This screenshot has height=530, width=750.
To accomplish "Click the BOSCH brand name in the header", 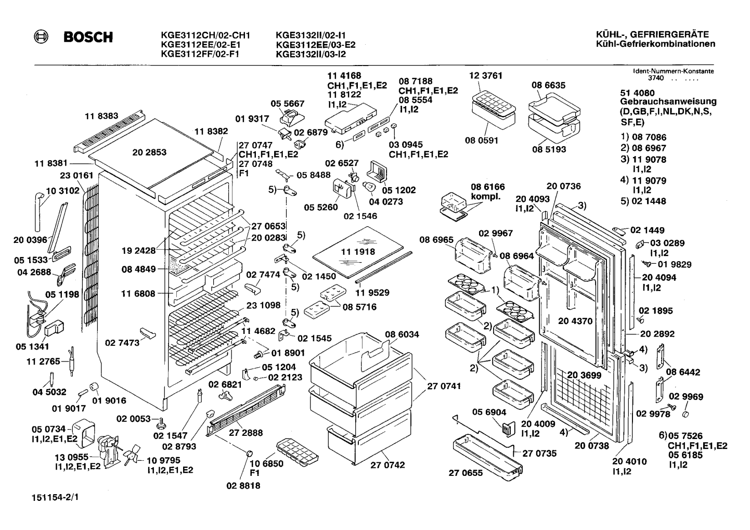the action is (88, 37).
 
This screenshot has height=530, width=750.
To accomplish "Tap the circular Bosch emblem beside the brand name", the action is (41, 37).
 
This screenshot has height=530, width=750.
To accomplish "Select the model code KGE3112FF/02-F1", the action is (200, 54).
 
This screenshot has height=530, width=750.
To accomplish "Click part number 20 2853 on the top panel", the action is (149, 152).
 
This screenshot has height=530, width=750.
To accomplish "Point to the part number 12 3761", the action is (485, 75).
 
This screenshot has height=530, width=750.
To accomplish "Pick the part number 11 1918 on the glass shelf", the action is (358, 252).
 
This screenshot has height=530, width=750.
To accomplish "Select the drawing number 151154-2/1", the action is (55, 498).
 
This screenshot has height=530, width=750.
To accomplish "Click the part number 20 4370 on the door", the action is (575, 321).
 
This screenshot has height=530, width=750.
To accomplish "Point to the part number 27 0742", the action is (387, 465).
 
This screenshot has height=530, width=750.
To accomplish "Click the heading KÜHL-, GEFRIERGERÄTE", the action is (653, 34).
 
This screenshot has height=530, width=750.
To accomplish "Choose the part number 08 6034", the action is (402, 334).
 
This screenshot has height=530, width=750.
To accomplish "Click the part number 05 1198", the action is (62, 294).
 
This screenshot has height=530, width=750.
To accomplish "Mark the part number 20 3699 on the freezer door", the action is (584, 376).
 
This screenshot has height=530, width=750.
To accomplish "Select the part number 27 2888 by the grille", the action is (246, 433).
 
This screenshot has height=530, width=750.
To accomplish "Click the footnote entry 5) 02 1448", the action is (643, 201).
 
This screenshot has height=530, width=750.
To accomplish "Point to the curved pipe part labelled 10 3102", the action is (38, 211).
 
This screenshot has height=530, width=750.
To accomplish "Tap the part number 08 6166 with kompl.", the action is (488, 191).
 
